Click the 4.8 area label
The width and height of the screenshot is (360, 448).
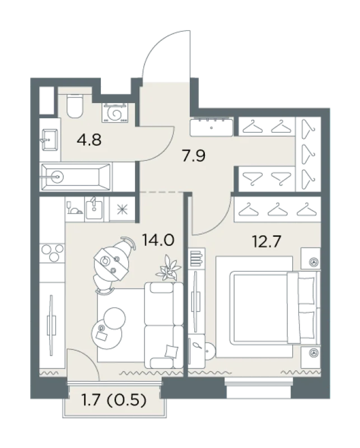coord(89,140)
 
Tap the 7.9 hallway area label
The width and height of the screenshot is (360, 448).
coord(194,156)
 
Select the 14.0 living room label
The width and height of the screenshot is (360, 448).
coord(158,240)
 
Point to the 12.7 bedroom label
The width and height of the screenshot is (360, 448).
coord(267,241)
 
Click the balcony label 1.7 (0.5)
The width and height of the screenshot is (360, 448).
coord(114,400)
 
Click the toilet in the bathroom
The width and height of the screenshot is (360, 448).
coord(74,106)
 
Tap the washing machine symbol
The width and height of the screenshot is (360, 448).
coord(115,113)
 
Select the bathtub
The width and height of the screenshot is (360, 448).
coord(76,177)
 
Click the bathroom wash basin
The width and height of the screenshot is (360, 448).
coord(50,139)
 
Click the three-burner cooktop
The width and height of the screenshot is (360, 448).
coord(52,253)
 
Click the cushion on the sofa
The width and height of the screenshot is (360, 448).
coord(171,351)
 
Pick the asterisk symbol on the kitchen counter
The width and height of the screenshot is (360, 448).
coord(122,209)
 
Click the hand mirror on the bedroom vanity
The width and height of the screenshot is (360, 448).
coord(198,346)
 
